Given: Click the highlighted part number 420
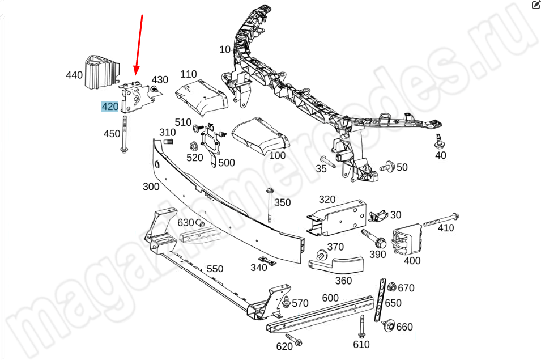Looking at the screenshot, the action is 110,107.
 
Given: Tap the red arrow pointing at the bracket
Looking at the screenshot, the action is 138,45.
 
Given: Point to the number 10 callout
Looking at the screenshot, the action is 225,50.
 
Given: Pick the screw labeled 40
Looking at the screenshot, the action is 440,141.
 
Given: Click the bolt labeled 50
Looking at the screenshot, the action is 387,166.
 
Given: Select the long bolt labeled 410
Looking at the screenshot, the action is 441,219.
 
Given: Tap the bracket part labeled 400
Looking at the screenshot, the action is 407,239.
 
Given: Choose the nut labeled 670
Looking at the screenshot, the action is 391,287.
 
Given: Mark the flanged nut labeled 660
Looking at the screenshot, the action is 389,325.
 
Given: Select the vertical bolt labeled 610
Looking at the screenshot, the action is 361,327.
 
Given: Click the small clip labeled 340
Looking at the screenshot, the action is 268,261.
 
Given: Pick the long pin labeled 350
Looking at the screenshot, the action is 270,205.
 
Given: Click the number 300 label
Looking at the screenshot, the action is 151,187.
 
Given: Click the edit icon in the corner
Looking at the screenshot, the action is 536,5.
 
